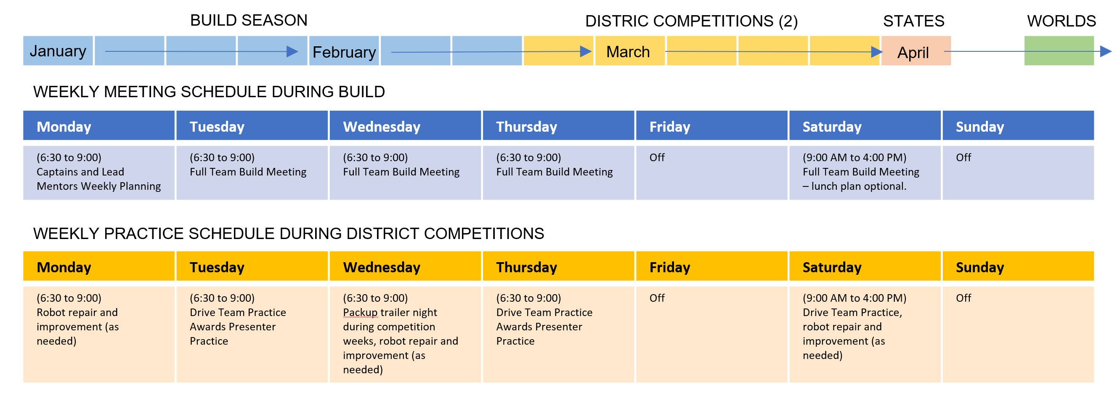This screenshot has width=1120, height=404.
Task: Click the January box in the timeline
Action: [58, 51]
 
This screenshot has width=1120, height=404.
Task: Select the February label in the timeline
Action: [344, 52]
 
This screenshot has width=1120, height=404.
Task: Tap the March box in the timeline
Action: [629, 51]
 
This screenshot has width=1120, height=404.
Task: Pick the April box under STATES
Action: [916, 51]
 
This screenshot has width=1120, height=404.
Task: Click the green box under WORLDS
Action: [1059, 51]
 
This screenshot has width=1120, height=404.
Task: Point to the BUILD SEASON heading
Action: [249, 21]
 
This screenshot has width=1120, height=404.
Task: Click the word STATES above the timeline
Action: [913, 21]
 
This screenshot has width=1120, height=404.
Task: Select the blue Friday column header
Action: [712, 126]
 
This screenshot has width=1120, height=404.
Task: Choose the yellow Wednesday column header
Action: [405, 266]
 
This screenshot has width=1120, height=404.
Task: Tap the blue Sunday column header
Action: [1018, 126]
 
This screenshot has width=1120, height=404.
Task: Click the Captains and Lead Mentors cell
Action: [99, 173]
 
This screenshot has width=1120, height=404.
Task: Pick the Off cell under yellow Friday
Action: [712, 335]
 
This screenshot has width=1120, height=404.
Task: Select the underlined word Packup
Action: [360, 312]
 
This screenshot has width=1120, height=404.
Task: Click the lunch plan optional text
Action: [855, 186]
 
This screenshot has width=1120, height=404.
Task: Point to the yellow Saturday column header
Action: [865, 266]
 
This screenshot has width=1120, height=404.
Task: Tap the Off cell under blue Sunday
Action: [1018, 173]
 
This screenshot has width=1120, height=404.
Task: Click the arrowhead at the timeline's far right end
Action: [1106, 51]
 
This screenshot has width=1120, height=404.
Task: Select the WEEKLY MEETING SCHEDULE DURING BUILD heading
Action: [209, 92]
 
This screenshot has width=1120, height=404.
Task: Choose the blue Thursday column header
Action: [558, 126]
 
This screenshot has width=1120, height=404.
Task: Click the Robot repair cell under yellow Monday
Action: [99, 335]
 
